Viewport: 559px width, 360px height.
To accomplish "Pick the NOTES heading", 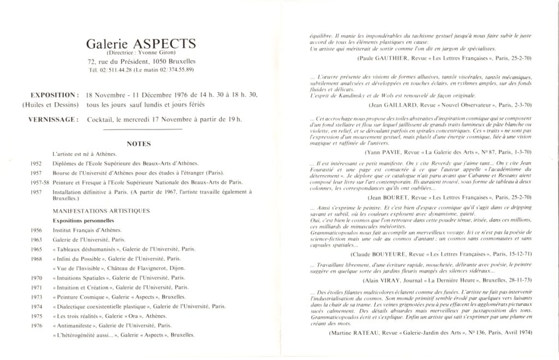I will click(138, 144).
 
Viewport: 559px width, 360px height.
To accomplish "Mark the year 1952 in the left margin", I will click(38, 163).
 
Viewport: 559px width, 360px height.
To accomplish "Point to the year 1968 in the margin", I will click(38, 259).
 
